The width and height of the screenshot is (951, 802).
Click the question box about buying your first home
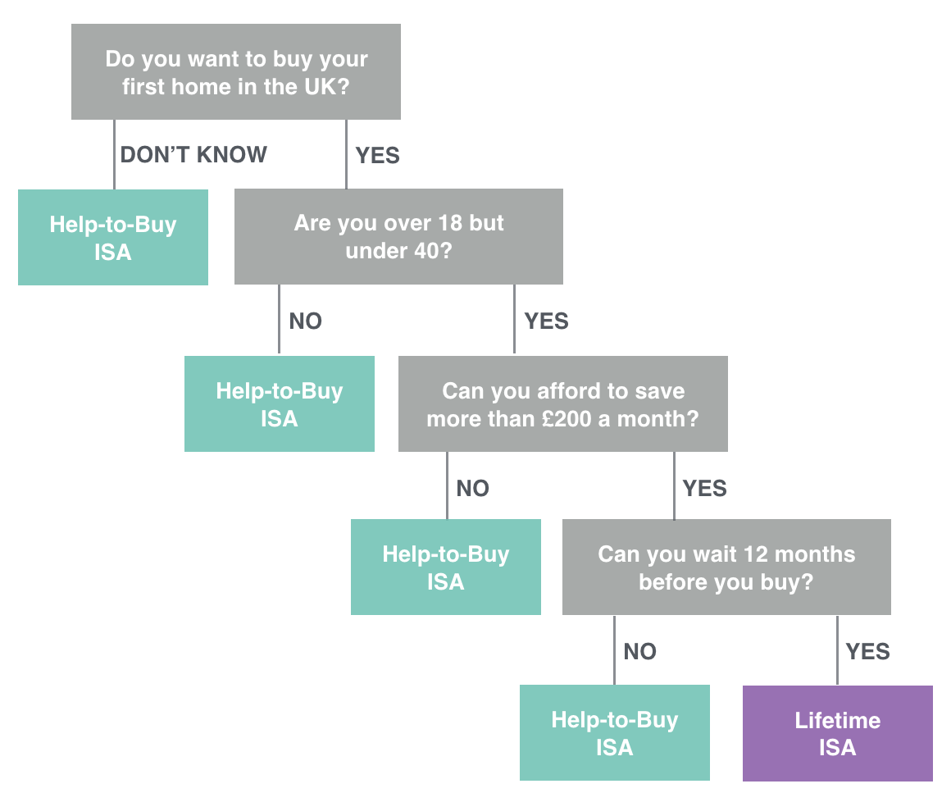pos(236,72)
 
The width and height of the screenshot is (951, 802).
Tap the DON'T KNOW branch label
pos(193,155)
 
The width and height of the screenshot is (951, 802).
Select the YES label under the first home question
pos(378,155)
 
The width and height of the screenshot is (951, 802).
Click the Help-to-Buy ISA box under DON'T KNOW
pos(113,238)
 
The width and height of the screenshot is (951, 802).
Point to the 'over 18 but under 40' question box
pos(398,236)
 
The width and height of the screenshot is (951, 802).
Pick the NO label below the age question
pos(306,321)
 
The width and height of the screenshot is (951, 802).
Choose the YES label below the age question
pos(547,321)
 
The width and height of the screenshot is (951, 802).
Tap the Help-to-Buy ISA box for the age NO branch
pos(280,403)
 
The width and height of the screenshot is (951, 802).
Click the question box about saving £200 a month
pos(563,404)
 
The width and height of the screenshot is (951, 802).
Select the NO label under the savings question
pos(473,489)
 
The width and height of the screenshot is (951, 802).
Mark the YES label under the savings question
pos(705,489)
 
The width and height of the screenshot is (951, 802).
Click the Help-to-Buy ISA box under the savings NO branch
pos(446,567)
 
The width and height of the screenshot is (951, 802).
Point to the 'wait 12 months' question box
pos(726,567)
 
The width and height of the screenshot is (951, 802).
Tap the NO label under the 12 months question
pos(640,652)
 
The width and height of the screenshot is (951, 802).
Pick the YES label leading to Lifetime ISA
pos(868,652)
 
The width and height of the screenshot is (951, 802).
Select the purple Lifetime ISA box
pos(838,733)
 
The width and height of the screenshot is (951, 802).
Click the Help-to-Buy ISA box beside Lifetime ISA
pos(615,733)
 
